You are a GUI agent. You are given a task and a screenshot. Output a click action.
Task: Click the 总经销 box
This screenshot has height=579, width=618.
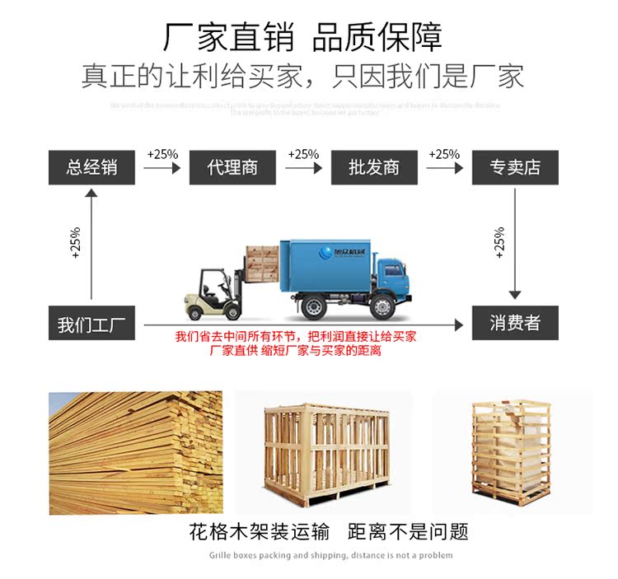point(91,167)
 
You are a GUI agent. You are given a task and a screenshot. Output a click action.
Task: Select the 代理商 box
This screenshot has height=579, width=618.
point(232,167)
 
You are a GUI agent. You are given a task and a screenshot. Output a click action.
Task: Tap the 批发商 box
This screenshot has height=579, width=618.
point(373,167)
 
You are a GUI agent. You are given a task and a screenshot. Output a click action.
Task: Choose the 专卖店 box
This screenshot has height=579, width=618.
point(515,167)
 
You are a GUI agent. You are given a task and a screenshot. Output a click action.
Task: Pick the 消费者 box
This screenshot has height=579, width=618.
point(515,323)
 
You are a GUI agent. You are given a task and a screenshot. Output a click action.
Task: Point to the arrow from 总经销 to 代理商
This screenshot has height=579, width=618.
point(162,168)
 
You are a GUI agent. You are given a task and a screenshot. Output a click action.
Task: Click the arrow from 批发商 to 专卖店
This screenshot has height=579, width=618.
point(444,168)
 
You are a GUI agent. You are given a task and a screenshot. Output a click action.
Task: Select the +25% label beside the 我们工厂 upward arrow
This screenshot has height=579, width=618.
point(76,243)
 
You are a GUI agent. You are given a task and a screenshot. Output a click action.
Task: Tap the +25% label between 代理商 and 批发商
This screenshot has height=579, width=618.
point(303,154)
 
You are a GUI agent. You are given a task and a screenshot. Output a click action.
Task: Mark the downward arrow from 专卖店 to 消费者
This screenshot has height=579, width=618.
point(515,243)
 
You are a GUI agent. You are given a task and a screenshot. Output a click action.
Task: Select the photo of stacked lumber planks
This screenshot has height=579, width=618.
point(135,452)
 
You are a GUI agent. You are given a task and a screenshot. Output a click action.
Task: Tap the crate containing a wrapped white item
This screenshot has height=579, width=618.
point(511,452)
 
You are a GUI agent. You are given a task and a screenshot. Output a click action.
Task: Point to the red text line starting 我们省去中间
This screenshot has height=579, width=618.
point(296,337)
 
